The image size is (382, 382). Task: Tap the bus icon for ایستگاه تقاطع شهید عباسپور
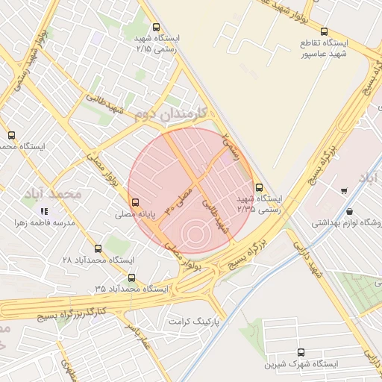tap(324, 31)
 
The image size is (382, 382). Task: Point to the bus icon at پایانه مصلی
tap(135, 201)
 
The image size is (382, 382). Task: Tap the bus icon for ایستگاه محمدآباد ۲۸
tap(98, 248)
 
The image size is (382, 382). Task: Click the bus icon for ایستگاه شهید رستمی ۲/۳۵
tap(259, 188)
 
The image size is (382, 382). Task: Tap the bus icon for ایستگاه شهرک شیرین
tap(301, 352)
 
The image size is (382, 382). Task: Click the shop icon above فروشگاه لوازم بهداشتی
tap(343, 191)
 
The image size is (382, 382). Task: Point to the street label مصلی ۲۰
tap(179, 198)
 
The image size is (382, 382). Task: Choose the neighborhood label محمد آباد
tap(73, 194)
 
